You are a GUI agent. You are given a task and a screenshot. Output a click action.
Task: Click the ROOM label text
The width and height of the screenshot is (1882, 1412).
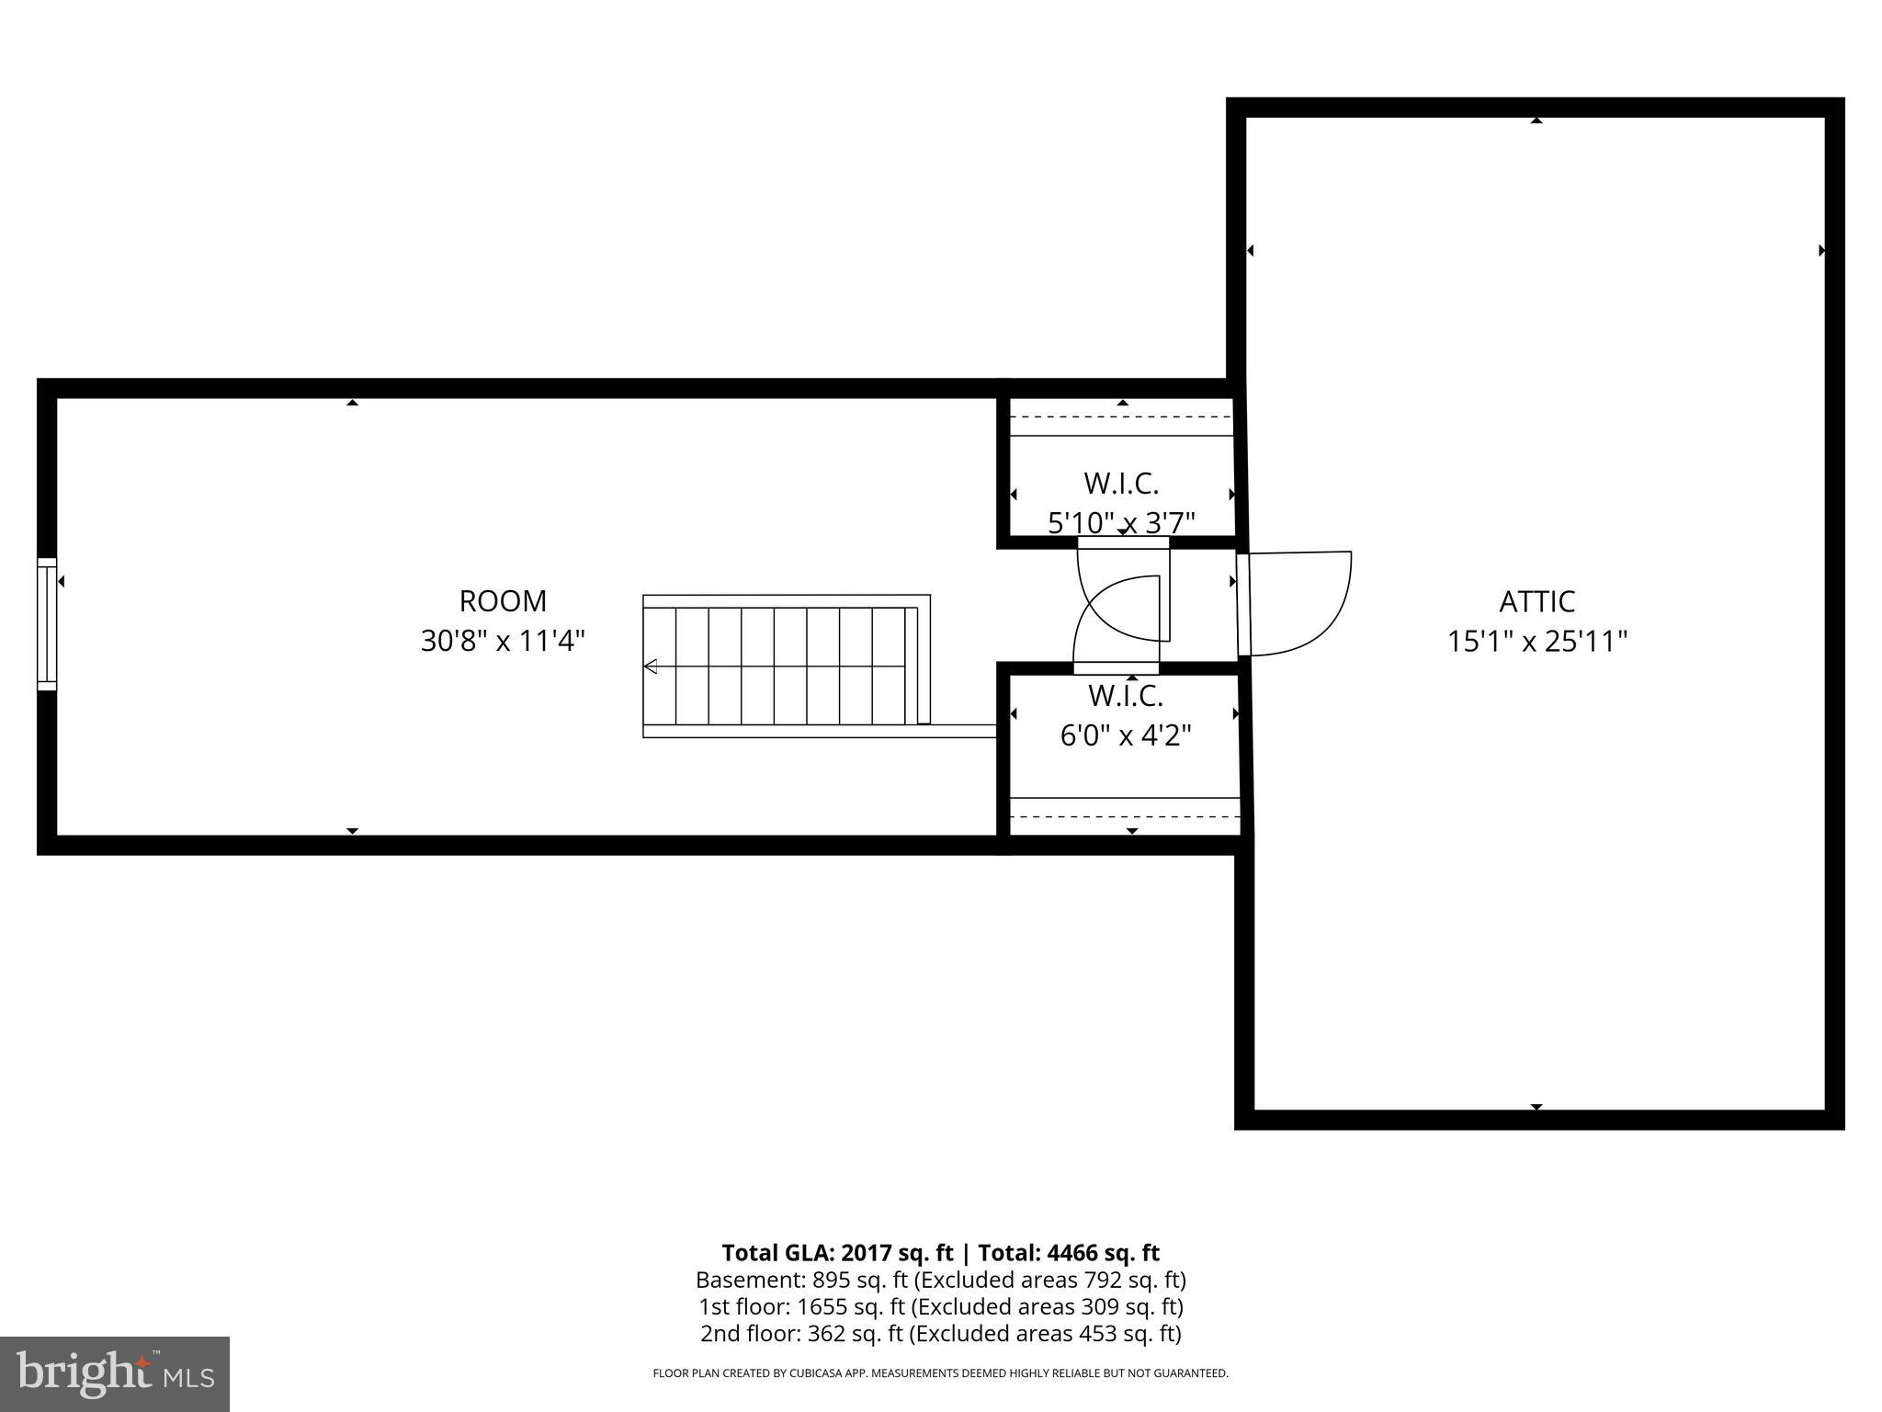click(x=503, y=601)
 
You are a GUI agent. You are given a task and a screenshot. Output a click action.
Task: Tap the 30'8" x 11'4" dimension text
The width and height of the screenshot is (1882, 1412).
click(x=503, y=641)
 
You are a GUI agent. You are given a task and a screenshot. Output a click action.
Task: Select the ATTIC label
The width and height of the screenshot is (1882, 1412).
click(x=1536, y=602)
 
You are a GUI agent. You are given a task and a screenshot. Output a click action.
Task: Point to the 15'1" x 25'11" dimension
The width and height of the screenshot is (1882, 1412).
click(x=1536, y=642)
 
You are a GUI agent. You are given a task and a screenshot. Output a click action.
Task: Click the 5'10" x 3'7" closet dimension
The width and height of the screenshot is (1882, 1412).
click(x=1121, y=523)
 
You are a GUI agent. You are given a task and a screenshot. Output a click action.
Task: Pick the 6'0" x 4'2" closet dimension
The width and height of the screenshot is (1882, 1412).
click(x=1126, y=736)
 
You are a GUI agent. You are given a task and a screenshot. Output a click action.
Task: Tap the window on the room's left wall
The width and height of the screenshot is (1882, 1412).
click(x=47, y=623)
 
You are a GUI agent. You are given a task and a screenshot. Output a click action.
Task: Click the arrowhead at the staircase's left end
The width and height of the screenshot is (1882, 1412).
click(x=651, y=666)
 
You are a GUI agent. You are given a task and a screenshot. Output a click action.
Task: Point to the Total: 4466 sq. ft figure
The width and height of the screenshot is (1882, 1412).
click(x=1068, y=1253)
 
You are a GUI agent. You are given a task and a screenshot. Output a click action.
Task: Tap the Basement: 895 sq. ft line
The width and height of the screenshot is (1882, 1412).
click(x=940, y=1280)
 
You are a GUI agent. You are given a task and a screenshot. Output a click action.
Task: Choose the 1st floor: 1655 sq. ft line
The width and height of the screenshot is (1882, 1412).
click(x=940, y=1306)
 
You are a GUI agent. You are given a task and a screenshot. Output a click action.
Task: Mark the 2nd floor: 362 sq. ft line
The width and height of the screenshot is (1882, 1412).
click(x=940, y=1333)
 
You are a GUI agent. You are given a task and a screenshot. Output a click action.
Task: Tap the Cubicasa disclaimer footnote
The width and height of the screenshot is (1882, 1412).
click(x=940, y=1373)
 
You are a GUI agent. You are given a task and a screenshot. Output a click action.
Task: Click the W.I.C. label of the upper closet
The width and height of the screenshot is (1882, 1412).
click(x=1121, y=483)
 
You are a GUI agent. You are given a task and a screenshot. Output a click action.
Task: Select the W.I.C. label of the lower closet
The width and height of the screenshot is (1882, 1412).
click(x=1126, y=696)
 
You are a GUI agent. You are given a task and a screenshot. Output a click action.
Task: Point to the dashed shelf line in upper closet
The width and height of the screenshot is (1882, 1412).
click(x=1121, y=416)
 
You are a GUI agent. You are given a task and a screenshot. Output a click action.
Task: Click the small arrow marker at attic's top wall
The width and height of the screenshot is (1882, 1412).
click(x=1536, y=120)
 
